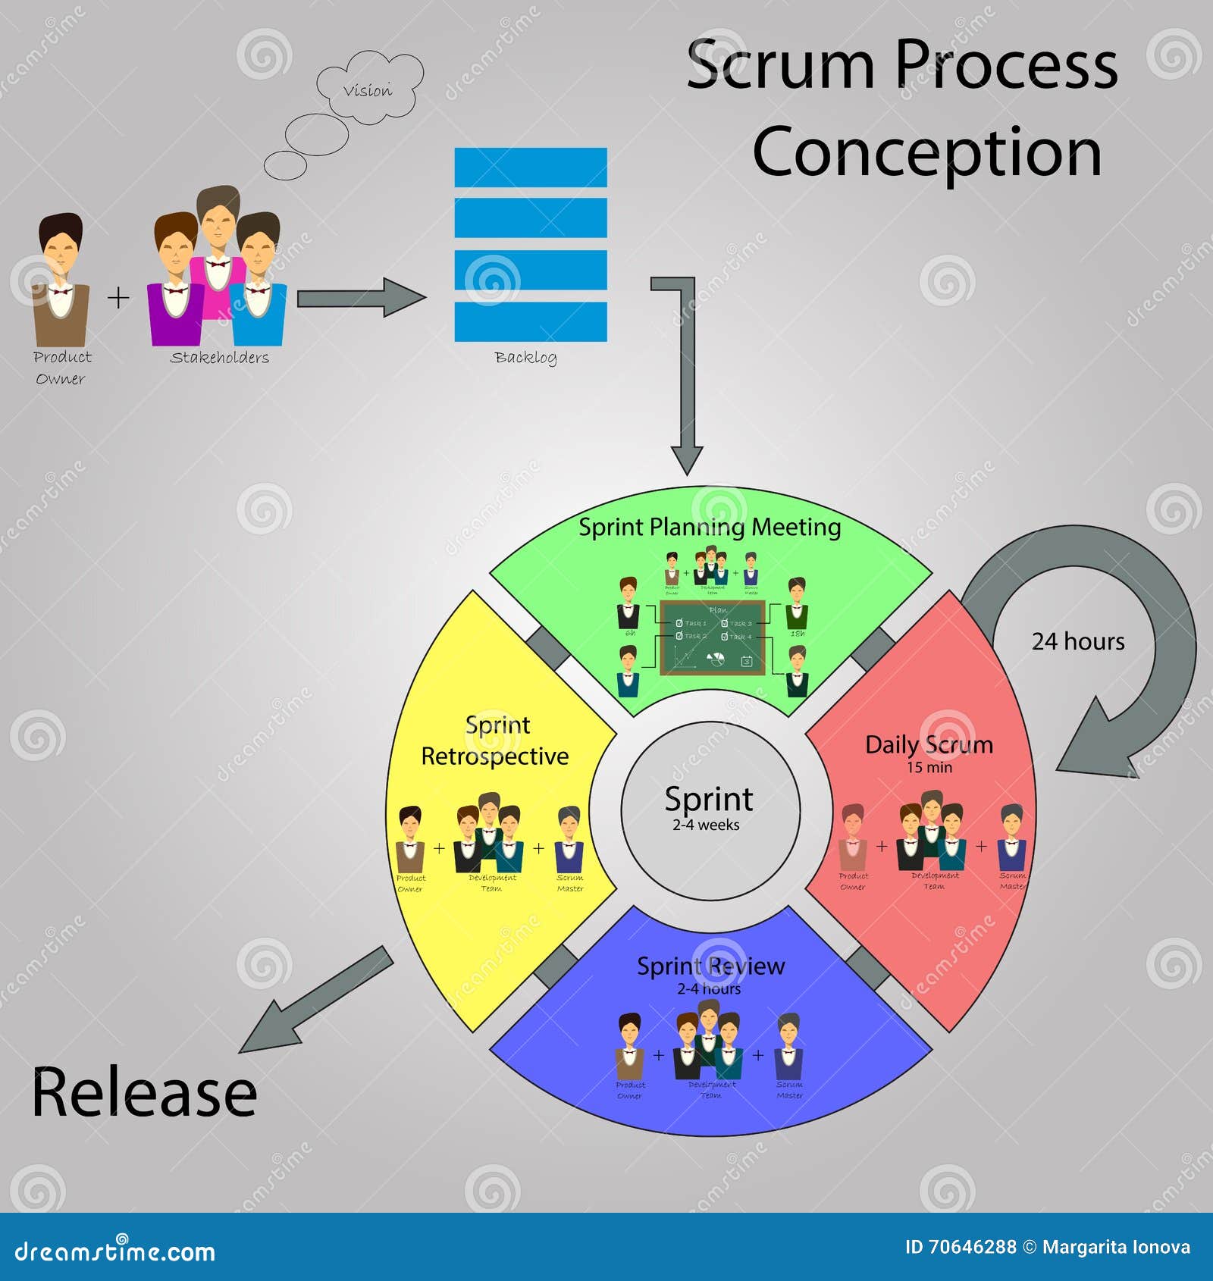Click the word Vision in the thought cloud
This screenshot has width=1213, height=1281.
coord(368,91)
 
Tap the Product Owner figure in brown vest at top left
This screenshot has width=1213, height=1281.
coord(61,280)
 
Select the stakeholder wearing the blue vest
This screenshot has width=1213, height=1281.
coord(259,284)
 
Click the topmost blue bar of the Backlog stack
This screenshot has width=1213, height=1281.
coord(531,167)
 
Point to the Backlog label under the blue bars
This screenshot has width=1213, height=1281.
coord(525,357)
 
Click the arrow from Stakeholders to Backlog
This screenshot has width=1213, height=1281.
coord(360,298)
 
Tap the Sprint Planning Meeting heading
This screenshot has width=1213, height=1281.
coord(710,527)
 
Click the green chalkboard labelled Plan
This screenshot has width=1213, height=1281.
coord(710,637)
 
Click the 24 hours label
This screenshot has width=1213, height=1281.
coord(1078,641)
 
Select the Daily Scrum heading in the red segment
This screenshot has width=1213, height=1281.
coord(929,744)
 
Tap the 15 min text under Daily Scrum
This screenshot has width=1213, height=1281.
coord(929,767)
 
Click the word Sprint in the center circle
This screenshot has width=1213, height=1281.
coord(709,799)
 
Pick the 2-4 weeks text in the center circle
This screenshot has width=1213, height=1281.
coord(706,825)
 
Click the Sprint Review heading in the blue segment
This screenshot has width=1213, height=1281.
coord(710,966)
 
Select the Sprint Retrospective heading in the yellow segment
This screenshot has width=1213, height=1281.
coord(495,741)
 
